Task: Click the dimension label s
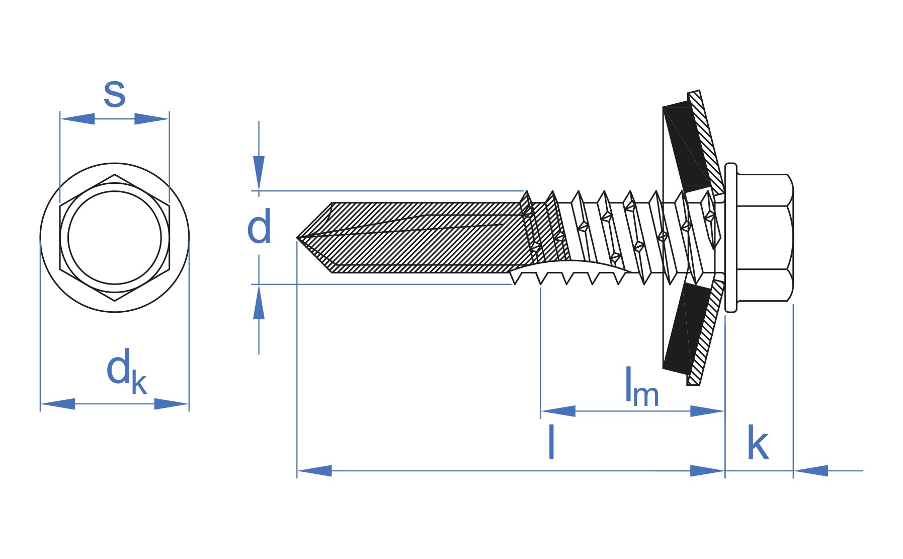coord(114,94)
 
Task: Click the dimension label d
coord(259,227)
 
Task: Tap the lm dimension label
coord(641,388)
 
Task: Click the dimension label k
coord(758,443)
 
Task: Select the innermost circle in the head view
coord(115,237)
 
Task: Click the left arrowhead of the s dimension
coord(77,119)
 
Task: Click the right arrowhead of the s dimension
coord(152,119)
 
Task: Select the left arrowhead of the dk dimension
coord(57,404)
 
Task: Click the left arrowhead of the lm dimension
coord(558,411)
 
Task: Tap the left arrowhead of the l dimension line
coord(314,471)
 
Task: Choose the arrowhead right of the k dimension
coord(811,471)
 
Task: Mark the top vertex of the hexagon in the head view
coord(115,175)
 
